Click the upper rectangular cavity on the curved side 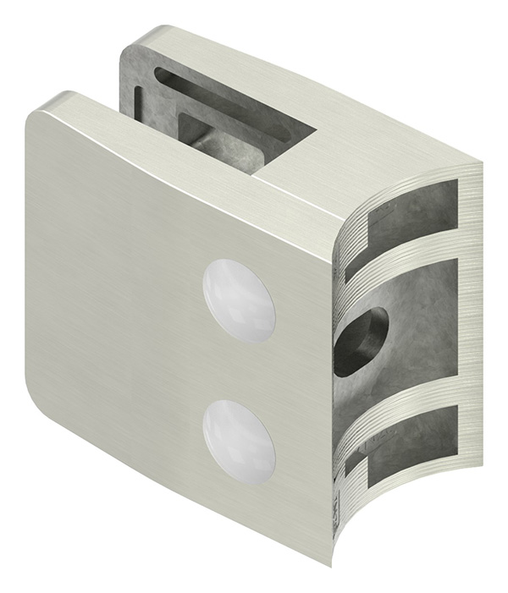click(x=412, y=218)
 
